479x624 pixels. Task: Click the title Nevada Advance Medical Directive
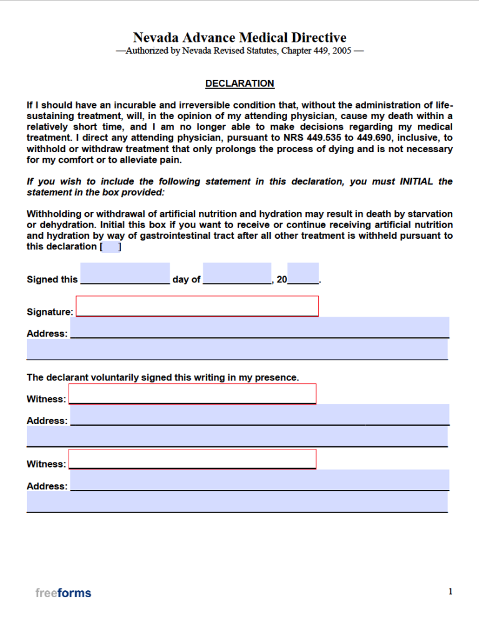click(x=239, y=38)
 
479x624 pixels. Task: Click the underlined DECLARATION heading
click(x=239, y=84)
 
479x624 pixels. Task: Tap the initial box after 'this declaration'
click(x=110, y=247)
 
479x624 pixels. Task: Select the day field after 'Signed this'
click(x=125, y=274)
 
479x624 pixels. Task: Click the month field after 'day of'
click(x=237, y=274)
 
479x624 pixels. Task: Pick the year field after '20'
click(x=303, y=274)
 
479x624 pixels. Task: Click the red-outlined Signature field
click(x=197, y=306)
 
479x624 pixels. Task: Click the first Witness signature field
click(x=192, y=393)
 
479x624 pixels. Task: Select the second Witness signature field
click(x=192, y=459)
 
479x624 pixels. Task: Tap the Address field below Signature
click(x=259, y=328)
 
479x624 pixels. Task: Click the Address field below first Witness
click(x=259, y=415)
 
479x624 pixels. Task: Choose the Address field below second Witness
click(x=259, y=481)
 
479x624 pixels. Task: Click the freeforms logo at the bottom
click(x=63, y=593)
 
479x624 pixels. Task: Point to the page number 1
click(x=450, y=592)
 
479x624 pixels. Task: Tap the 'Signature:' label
click(x=50, y=312)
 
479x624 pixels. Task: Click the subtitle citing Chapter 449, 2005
click(x=239, y=51)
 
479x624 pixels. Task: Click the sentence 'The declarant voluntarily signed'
click(x=163, y=377)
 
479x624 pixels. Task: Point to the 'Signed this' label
click(x=52, y=280)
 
